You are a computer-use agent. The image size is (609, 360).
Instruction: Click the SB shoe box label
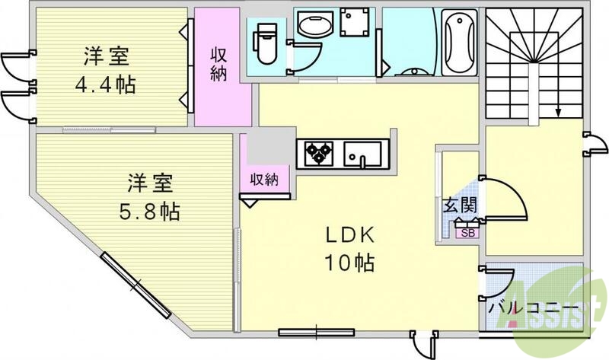click(467, 233)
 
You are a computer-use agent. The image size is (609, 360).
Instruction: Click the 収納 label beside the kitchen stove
click(263, 179)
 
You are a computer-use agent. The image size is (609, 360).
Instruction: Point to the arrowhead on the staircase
click(560, 113)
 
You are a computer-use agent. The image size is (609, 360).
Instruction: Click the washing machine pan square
click(352, 26)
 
